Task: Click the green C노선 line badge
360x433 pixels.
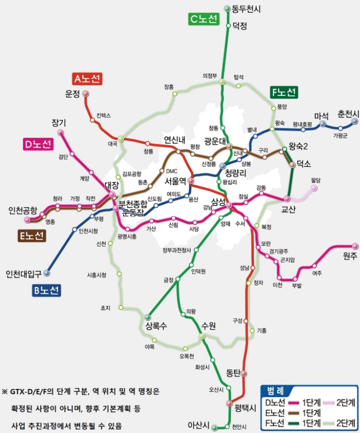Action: coord(204,19)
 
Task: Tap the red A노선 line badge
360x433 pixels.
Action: coord(87,78)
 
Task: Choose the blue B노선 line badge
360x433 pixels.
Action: coord(46,289)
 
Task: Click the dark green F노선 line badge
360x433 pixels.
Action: coord(283,92)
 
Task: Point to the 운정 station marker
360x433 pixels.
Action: coord(85,93)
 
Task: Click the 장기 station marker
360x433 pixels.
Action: coord(61,132)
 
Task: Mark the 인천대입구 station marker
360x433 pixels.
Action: coord(47,273)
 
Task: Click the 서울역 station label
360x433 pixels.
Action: coord(175,180)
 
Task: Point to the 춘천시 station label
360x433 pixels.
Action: coord(348,114)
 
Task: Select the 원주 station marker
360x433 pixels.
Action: coord(355,245)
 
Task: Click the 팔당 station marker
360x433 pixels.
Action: coord(314,188)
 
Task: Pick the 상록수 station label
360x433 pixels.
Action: coord(156,326)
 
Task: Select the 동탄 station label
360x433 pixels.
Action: coord(233,372)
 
